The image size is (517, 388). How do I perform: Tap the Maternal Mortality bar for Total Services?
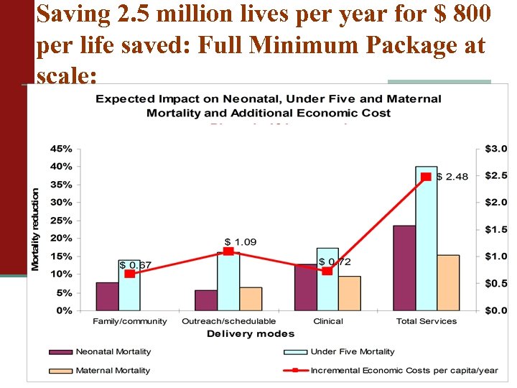pos(448,282)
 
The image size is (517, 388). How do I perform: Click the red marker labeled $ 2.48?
pos(426,177)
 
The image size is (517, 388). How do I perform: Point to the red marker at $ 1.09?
pos(228,251)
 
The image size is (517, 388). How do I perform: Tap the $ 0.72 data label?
pos(335,262)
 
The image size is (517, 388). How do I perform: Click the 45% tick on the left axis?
pos(61,149)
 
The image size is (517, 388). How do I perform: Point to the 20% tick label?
pos(61,239)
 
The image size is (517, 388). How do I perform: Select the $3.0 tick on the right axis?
pos(495,149)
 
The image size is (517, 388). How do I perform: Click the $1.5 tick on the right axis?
pos(495,229)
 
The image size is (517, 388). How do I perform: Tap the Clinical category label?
pos(328,321)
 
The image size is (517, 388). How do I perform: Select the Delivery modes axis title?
pos(251,333)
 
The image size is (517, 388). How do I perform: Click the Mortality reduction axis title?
pos(36,229)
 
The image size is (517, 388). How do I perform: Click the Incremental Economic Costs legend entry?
pos(404,371)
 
